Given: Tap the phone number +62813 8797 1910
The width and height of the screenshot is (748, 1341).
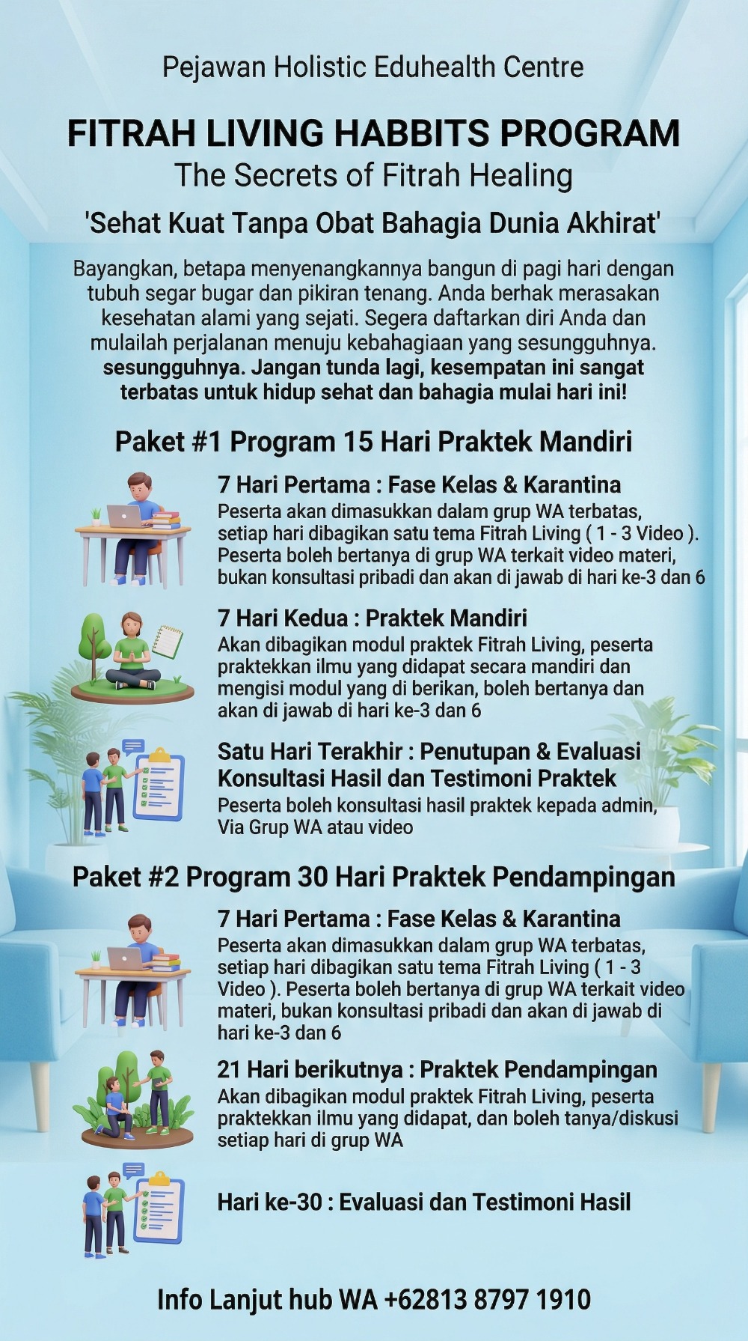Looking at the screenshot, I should coord(487,1300).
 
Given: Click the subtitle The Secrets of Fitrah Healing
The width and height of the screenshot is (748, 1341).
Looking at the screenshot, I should coord(373,175).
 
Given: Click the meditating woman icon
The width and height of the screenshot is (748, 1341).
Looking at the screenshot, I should coord(132,652).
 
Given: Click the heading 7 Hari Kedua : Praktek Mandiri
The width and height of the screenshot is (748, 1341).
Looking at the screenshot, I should coord(372,618).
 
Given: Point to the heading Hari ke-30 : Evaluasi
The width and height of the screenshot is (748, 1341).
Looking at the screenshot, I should coord(423,1202).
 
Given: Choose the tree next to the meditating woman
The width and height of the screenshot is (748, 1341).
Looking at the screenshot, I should coord(93,644).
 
